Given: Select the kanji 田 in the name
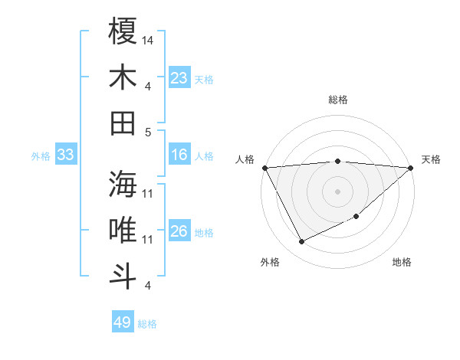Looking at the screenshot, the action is [x=123, y=123].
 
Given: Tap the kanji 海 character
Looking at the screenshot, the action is [x=123, y=184].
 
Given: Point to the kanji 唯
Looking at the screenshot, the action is [x=123, y=231].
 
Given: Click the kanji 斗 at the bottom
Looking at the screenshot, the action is [x=123, y=276].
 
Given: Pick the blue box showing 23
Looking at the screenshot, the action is [x=179, y=78].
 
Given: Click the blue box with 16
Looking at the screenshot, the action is [x=179, y=155].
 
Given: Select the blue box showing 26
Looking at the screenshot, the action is [x=179, y=231].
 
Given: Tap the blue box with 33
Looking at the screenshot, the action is [x=66, y=155].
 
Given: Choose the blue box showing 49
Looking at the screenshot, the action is [x=123, y=322].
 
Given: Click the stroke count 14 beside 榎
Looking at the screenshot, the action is [x=148, y=39].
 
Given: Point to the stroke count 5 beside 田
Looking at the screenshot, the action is [x=148, y=132].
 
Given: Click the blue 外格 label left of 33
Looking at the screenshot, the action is [x=41, y=156].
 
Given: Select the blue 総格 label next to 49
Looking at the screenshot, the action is [x=147, y=324].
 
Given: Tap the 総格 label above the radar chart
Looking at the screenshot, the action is [x=338, y=100].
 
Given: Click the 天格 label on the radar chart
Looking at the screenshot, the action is [x=431, y=159].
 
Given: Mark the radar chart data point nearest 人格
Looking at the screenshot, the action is [x=264, y=168].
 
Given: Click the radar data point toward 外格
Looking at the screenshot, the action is [x=301, y=242].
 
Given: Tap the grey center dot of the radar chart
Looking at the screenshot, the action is [x=338, y=191].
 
